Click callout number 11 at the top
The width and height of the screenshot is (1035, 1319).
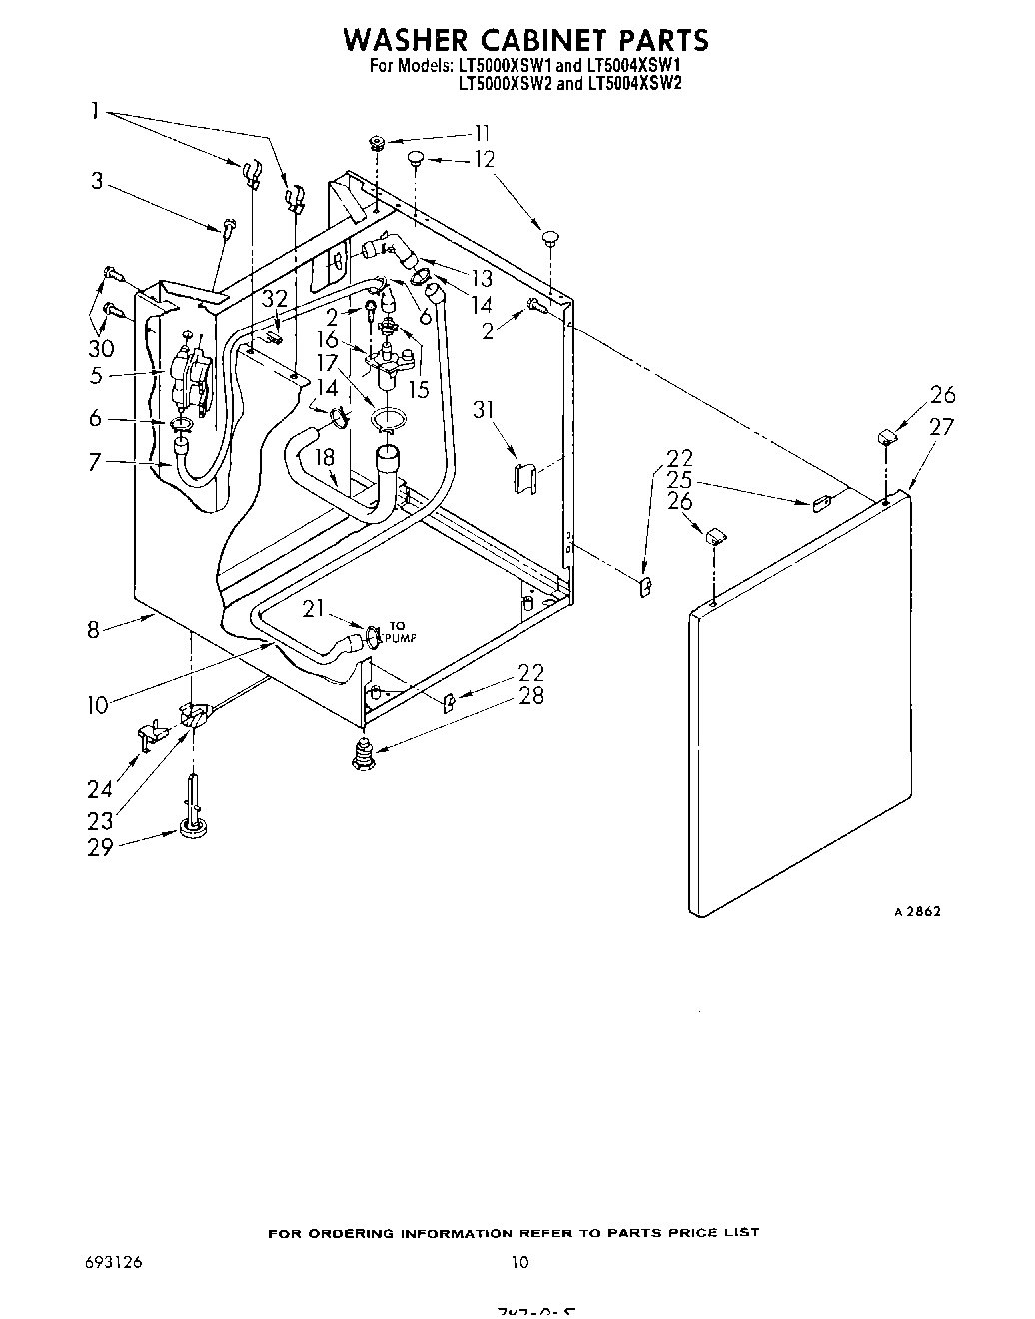point(482,133)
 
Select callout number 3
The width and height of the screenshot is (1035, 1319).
point(97,181)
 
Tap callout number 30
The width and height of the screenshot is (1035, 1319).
point(100,348)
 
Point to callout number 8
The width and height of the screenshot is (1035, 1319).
point(94,630)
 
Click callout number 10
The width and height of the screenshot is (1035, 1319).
point(96,705)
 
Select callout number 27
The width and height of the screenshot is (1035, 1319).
point(941,426)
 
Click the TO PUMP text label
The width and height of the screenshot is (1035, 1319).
point(398,632)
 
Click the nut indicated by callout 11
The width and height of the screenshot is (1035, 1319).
point(378,142)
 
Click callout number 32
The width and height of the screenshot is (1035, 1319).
point(275,299)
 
